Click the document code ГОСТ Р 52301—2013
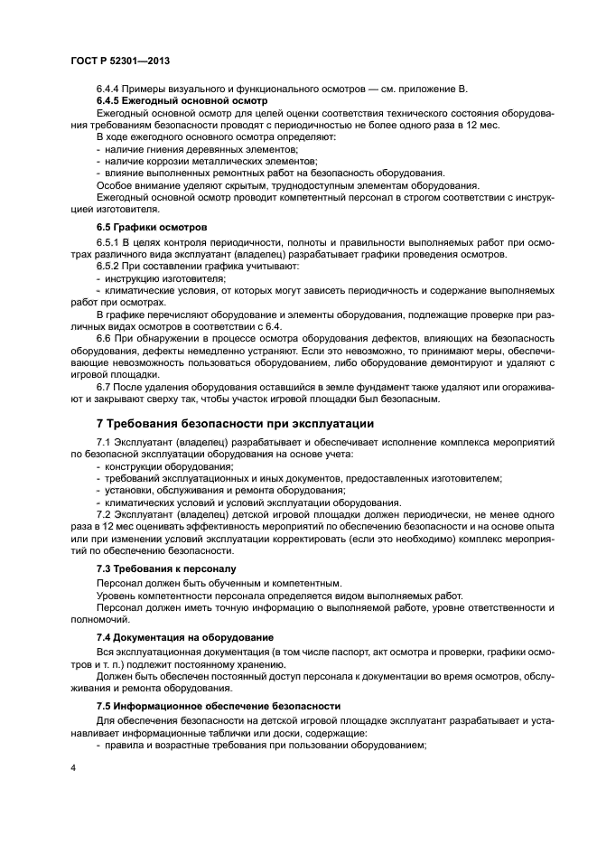point(120,60)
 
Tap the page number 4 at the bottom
point(73,767)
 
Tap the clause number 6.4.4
point(109,89)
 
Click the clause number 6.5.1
point(109,243)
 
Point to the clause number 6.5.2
point(109,268)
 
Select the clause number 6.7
point(105,387)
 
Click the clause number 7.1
point(105,442)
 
